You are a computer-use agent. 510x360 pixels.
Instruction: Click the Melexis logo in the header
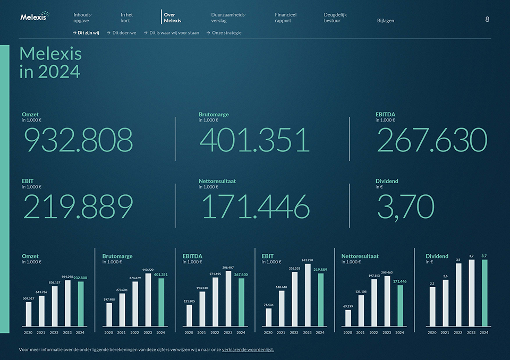pyautogui.click(x=34, y=16)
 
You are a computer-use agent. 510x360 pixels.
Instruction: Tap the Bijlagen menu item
pyautogui.click(x=385, y=21)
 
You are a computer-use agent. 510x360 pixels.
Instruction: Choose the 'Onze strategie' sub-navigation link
pyautogui.click(x=226, y=33)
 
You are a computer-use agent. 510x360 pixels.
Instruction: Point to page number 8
pyautogui.click(x=487, y=19)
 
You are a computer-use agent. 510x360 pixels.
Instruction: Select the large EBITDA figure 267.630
pyautogui.click(x=431, y=140)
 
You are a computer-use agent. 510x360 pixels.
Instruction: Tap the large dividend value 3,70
pyautogui.click(x=405, y=207)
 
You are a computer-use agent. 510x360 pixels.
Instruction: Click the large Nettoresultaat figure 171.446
pyautogui.click(x=255, y=207)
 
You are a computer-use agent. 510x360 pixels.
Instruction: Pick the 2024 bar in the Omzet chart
pyautogui.click(x=81, y=303)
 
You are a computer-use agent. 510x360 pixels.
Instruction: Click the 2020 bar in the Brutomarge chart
pyautogui.click(x=109, y=314)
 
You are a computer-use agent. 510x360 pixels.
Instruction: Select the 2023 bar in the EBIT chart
pyautogui.click(x=307, y=295)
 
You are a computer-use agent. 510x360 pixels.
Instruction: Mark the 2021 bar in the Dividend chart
pyautogui.click(x=445, y=303)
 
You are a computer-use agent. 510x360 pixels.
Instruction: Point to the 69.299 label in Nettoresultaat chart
pyautogui.click(x=348, y=306)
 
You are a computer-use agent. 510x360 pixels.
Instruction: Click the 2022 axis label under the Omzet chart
pyautogui.click(x=54, y=332)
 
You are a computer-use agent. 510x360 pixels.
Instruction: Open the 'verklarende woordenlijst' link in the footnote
pyautogui.click(x=248, y=350)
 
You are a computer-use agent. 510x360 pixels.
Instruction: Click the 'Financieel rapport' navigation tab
pyautogui.click(x=285, y=18)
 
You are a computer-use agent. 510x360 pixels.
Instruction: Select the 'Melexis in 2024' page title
pyautogui.click(x=50, y=63)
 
